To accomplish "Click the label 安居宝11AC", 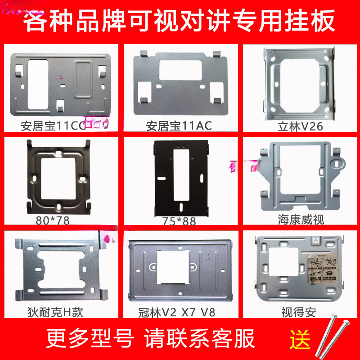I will [179, 126].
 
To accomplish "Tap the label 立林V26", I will [300, 127].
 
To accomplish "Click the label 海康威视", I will [301, 220].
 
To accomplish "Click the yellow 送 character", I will [299, 338].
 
